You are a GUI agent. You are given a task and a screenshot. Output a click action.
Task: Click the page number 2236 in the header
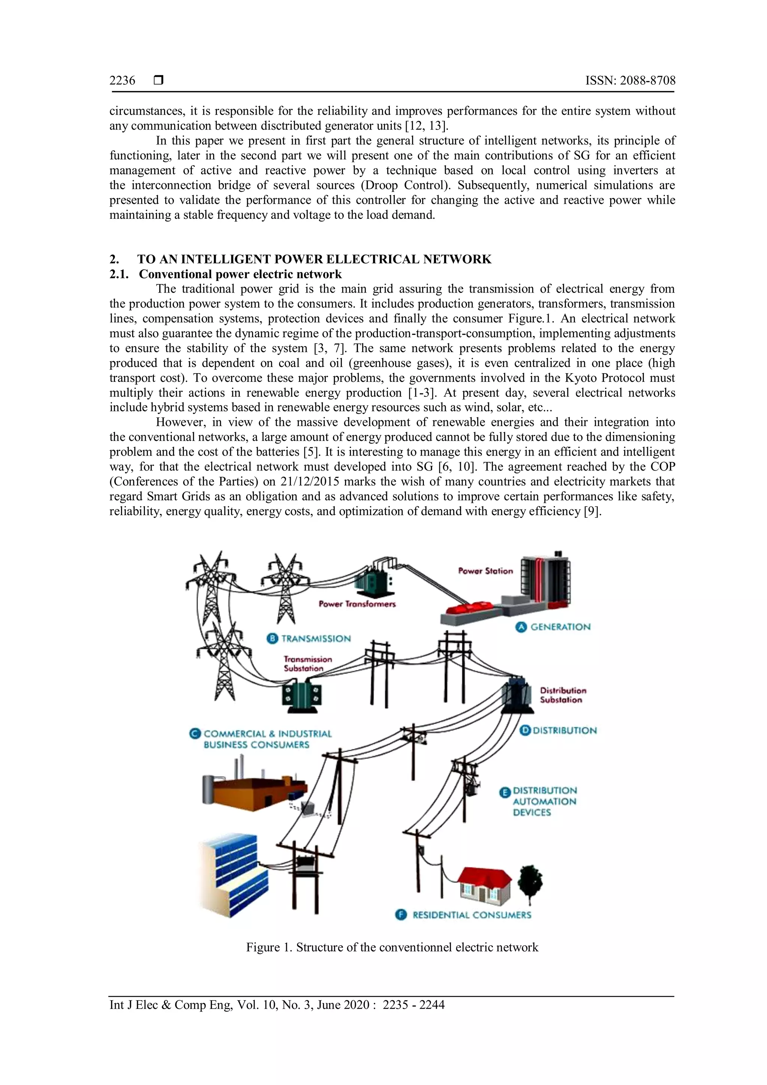point(122,81)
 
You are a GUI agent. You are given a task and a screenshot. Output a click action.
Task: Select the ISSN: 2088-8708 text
point(630,81)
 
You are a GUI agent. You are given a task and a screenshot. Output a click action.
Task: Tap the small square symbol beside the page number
point(159,81)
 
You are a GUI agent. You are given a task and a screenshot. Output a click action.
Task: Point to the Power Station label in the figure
point(485,571)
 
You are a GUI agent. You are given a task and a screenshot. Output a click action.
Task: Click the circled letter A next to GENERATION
point(521,627)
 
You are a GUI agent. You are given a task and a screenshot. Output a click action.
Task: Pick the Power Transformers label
point(357,604)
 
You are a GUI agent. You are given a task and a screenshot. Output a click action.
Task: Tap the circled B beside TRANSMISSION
point(273,638)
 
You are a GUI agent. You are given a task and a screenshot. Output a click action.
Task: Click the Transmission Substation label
point(307,664)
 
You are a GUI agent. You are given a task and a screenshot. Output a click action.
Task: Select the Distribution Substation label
point(563,695)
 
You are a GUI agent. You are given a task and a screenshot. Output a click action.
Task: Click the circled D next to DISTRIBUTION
point(525,730)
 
